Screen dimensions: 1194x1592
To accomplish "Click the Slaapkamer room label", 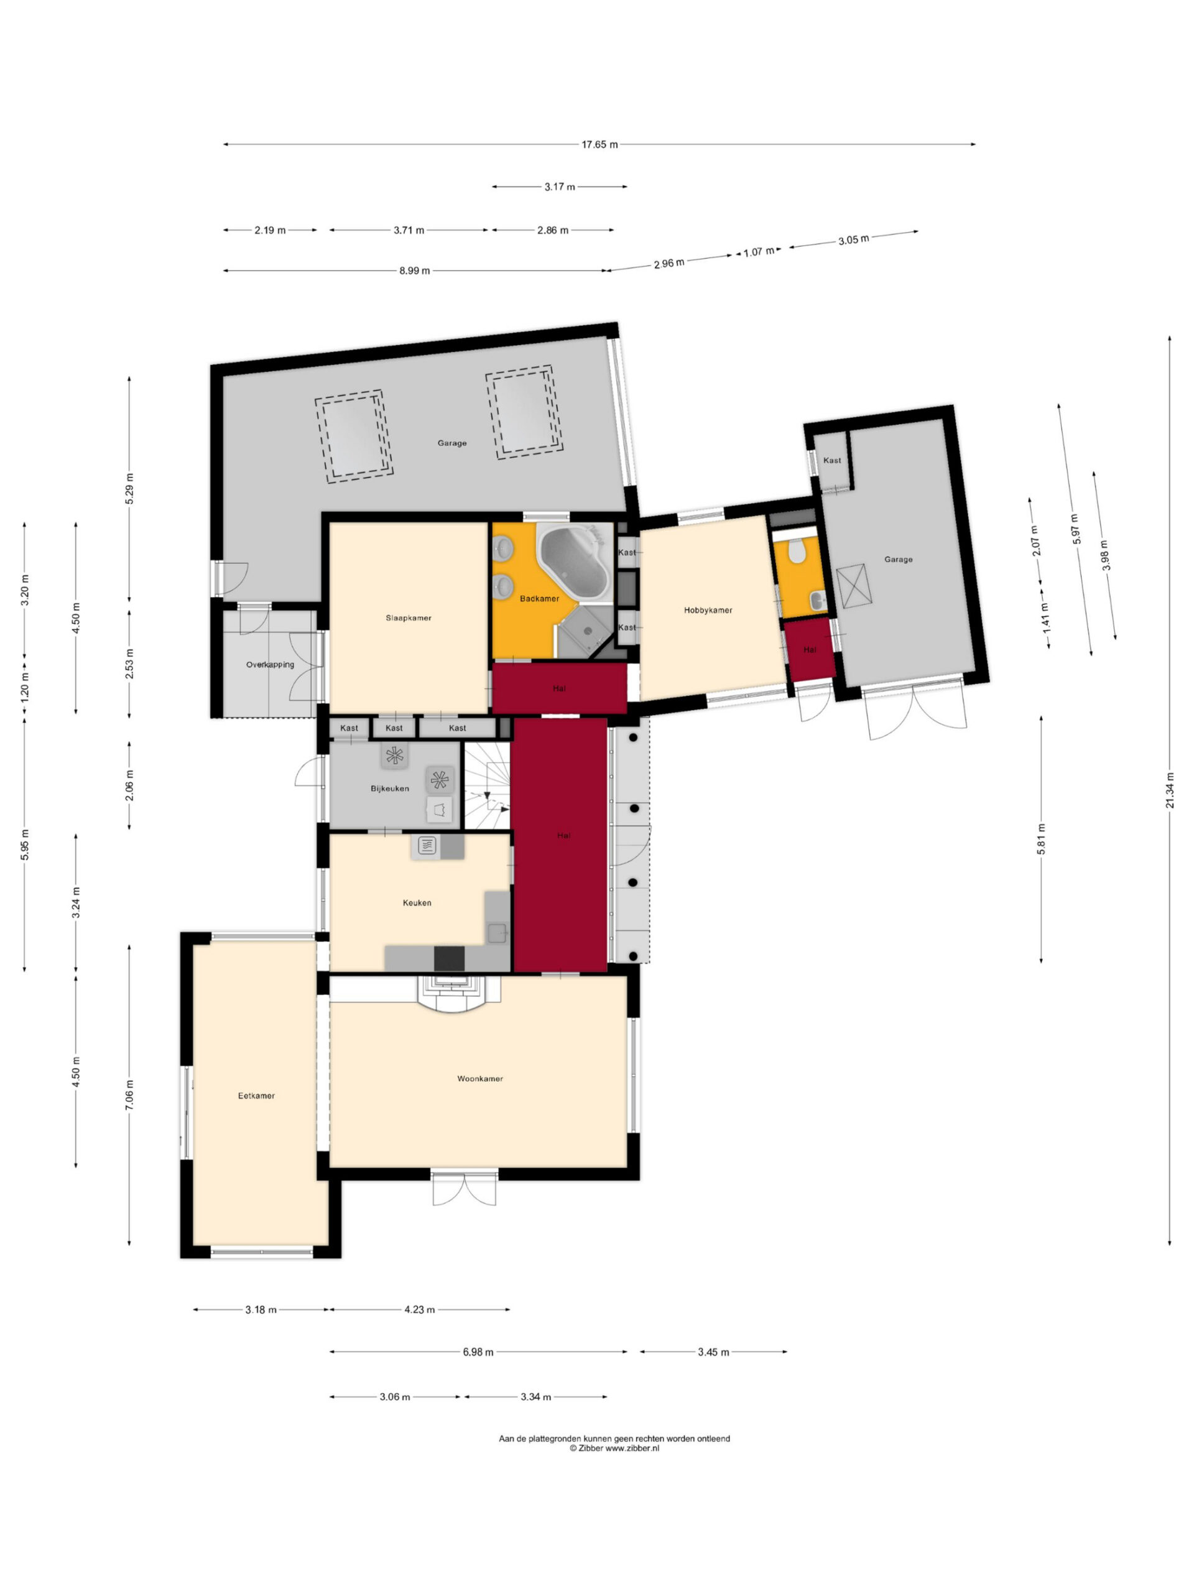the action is click(x=408, y=618).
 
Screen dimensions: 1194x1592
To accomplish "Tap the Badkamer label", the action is click(x=539, y=598).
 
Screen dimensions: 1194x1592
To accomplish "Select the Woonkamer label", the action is click(x=480, y=1078).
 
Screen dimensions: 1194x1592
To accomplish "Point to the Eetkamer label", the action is click(x=256, y=1095).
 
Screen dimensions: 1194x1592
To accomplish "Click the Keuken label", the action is click(x=417, y=902).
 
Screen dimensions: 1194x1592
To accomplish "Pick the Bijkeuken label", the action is click(x=389, y=788).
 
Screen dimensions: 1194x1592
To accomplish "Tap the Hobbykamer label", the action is click(x=708, y=609).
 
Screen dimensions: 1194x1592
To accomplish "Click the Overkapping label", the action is click(x=270, y=664).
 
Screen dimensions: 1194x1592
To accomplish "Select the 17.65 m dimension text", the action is click(x=599, y=144).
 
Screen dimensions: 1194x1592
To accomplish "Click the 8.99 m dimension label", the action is click(x=415, y=271).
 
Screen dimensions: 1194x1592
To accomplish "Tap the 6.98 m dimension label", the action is click(x=478, y=1351).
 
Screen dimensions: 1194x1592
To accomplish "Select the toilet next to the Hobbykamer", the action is click(x=796, y=553).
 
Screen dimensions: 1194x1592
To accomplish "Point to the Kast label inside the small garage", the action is click(x=832, y=460).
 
